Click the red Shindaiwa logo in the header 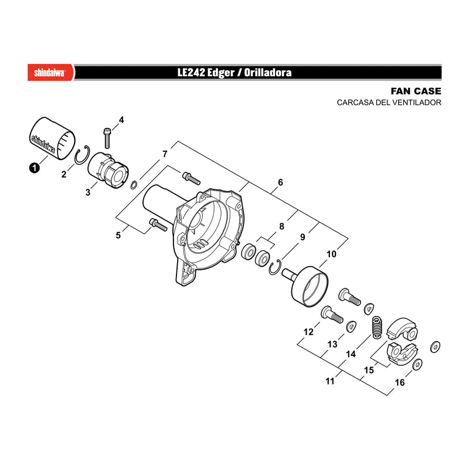pyautogui.click(x=50, y=72)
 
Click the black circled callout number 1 pyautogui.click(x=35, y=168)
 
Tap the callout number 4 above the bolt pyautogui.click(x=121, y=120)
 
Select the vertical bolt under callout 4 pyautogui.click(x=107, y=138)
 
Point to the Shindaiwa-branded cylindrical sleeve pyautogui.click(x=52, y=138)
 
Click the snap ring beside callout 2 pyautogui.click(x=82, y=155)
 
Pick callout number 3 pyautogui.click(x=87, y=192)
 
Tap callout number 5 pyautogui.click(x=118, y=236)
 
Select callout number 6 pyautogui.click(x=280, y=182)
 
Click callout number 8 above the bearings pyautogui.click(x=281, y=226)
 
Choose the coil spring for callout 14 pyautogui.click(x=377, y=328)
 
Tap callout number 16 pyautogui.click(x=400, y=383)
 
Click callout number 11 pyautogui.click(x=330, y=382)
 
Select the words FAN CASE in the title pyautogui.click(x=416, y=91)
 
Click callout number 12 pyautogui.click(x=308, y=332)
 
